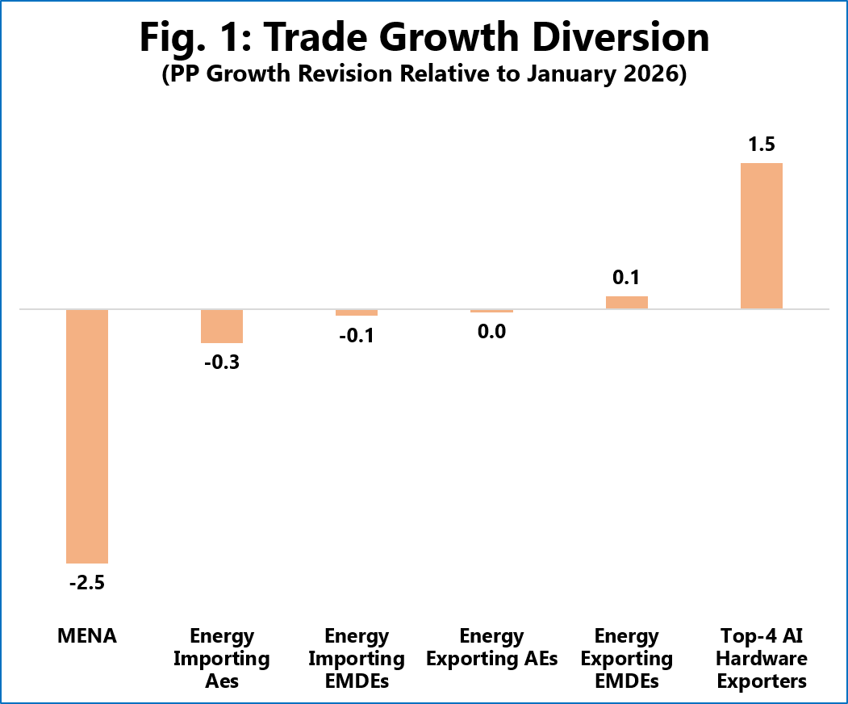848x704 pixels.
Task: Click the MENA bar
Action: [x=87, y=436]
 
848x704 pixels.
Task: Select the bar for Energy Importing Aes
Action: [x=222, y=326]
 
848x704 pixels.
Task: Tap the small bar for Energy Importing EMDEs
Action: [x=357, y=312]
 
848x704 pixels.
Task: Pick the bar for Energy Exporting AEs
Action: [x=491, y=311]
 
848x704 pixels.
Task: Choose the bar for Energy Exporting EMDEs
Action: [x=627, y=303]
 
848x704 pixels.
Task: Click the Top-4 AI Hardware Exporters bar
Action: [x=762, y=236]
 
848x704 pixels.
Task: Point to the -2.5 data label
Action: [x=87, y=583]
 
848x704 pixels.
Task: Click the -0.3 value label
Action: [x=222, y=362]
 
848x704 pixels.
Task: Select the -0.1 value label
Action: [x=357, y=336]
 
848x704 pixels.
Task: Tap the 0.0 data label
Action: [x=491, y=331]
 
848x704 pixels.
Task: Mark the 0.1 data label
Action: [x=626, y=278]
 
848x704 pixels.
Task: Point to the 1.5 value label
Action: [x=762, y=145]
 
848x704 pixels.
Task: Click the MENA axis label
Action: [x=87, y=636]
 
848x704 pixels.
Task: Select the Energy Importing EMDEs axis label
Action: [x=357, y=659]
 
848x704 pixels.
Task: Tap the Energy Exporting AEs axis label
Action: [x=491, y=647]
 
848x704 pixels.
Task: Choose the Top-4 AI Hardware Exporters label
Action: [x=762, y=659]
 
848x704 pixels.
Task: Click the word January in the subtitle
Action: [x=570, y=74]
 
